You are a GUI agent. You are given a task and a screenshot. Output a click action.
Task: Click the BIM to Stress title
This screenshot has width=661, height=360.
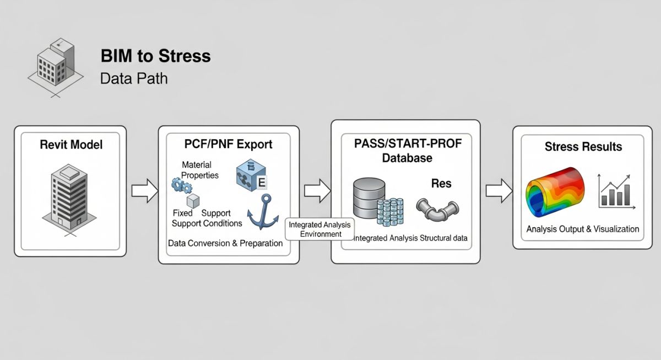pyautogui.click(x=155, y=56)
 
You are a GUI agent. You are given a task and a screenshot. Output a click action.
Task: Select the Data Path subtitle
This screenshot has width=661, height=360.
pyautogui.click(x=133, y=78)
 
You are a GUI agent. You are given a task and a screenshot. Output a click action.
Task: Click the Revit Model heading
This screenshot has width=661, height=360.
pyautogui.click(x=71, y=145)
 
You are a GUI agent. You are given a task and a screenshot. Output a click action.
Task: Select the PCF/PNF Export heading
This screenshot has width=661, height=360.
pyautogui.click(x=228, y=145)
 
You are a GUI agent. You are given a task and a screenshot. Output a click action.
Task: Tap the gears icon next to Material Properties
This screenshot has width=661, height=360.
pyautogui.click(x=182, y=186)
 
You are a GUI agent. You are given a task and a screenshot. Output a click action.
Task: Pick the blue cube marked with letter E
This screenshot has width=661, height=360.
pyautogui.click(x=251, y=175)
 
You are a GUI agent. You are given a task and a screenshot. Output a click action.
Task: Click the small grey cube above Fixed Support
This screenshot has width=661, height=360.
pyautogui.click(x=192, y=200)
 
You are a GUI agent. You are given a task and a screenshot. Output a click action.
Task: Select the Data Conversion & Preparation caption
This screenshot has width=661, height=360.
pyautogui.click(x=225, y=243)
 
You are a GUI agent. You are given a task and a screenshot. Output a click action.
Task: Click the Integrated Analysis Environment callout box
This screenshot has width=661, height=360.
pyautogui.click(x=320, y=230)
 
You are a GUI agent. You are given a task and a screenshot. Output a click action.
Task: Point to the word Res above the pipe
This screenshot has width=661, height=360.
pyautogui.click(x=441, y=183)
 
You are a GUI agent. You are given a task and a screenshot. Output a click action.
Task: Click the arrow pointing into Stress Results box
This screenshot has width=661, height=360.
pyautogui.click(x=499, y=190)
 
